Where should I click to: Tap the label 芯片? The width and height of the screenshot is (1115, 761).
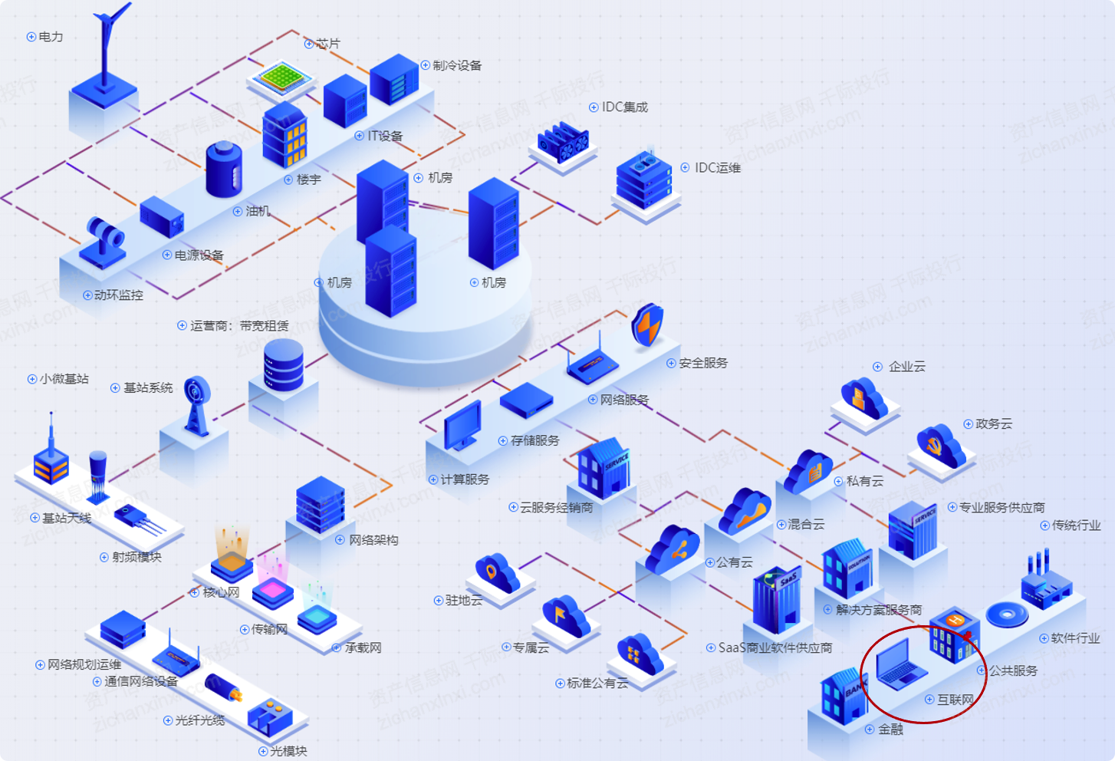327,44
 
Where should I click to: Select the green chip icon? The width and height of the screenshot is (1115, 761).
282,77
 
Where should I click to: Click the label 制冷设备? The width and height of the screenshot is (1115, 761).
457,65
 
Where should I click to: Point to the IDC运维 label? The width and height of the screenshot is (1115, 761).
717,167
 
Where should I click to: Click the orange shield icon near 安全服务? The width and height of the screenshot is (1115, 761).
648,325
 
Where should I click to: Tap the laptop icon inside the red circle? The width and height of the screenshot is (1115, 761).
900,664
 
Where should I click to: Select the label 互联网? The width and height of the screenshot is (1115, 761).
955,700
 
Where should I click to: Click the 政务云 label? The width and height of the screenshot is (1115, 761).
993,423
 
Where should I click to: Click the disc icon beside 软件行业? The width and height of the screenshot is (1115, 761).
1006,614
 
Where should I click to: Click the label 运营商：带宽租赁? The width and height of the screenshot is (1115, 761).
239,325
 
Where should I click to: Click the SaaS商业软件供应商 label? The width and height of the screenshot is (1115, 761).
775,647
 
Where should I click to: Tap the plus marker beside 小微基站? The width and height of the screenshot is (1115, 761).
32,379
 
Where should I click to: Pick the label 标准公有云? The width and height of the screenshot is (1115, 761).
597,683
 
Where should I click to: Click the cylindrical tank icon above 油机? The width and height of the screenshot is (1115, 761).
224,169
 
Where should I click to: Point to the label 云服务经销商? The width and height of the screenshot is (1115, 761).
556,507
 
